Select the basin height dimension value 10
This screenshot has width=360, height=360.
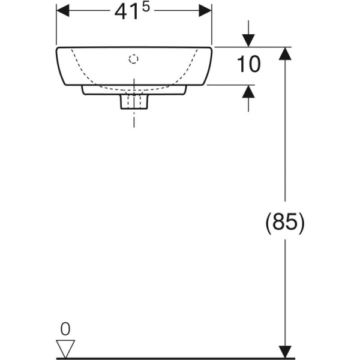coord(248,65)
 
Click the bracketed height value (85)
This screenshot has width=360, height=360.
coord(284,223)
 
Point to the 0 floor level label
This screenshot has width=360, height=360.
coord(66,328)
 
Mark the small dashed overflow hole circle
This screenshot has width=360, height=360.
coord(134,59)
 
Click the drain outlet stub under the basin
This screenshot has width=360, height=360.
coord(134,102)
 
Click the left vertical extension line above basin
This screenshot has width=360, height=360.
coord(56,27)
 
